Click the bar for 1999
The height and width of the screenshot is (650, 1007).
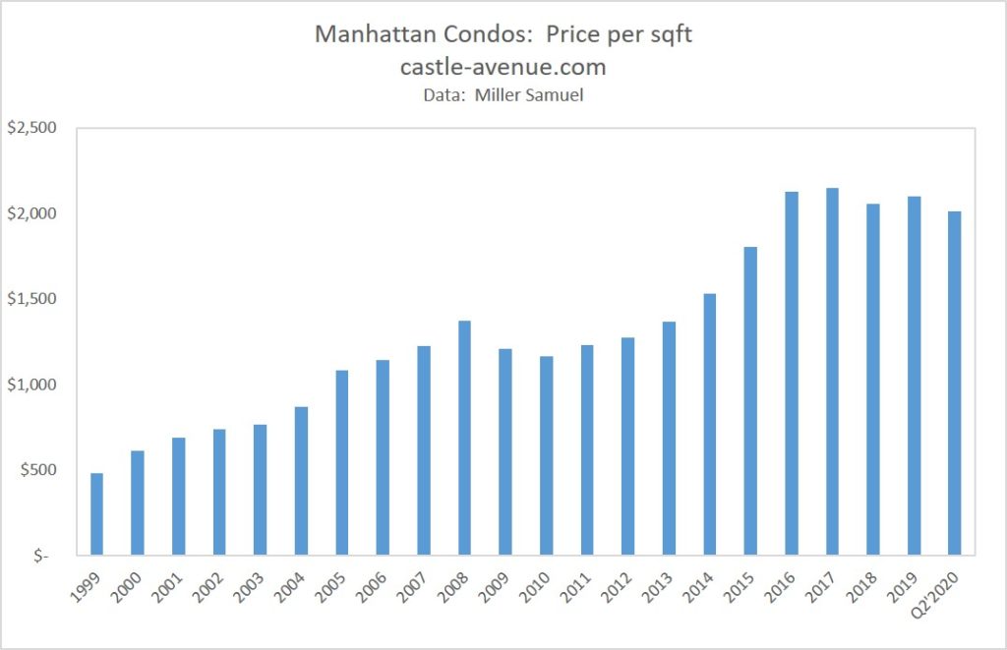pyautogui.click(x=96, y=513)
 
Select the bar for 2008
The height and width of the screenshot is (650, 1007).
pyautogui.click(x=464, y=438)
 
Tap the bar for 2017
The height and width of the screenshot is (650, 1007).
pyautogui.click(x=832, y=372)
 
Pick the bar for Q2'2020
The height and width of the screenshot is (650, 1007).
pyautogui.click(x=954, y=384)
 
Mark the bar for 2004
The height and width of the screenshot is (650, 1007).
pyautogui.click(x=301, y=481)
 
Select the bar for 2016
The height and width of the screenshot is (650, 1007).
pyautogui.click(x=791, y=374)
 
